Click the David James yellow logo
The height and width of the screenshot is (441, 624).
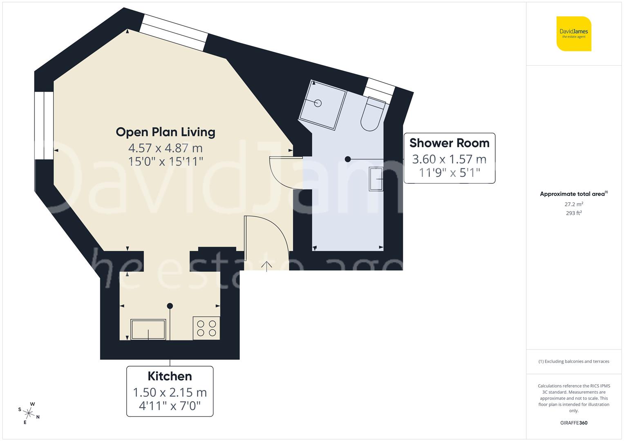point(574,33)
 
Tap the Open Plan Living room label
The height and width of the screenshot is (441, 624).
point(166,132)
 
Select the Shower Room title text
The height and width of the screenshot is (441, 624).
point(449,143)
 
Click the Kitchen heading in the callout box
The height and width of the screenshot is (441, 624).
point(170,376)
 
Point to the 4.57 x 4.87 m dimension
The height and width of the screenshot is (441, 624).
point(166,148)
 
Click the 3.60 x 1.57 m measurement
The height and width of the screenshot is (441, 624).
point(449,159)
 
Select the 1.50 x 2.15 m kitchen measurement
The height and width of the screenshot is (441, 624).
point(170,392)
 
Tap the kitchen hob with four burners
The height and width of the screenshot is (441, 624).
point(206,328)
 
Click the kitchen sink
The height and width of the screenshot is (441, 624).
point(148,330)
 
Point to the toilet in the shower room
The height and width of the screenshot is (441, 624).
point(373,114)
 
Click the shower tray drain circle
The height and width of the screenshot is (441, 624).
point(318,103)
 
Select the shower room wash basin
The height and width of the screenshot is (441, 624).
point(376,179)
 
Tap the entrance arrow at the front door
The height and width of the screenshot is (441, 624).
point(266,266)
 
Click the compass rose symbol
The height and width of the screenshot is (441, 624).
point(29,412)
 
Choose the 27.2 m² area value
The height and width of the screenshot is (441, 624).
point(574,204)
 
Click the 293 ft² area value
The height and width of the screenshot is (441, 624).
point(574,213)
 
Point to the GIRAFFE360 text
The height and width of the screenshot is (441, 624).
point(574,423)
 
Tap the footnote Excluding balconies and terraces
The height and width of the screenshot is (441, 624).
point(574,361)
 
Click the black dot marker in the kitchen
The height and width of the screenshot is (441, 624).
point(170,306)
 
